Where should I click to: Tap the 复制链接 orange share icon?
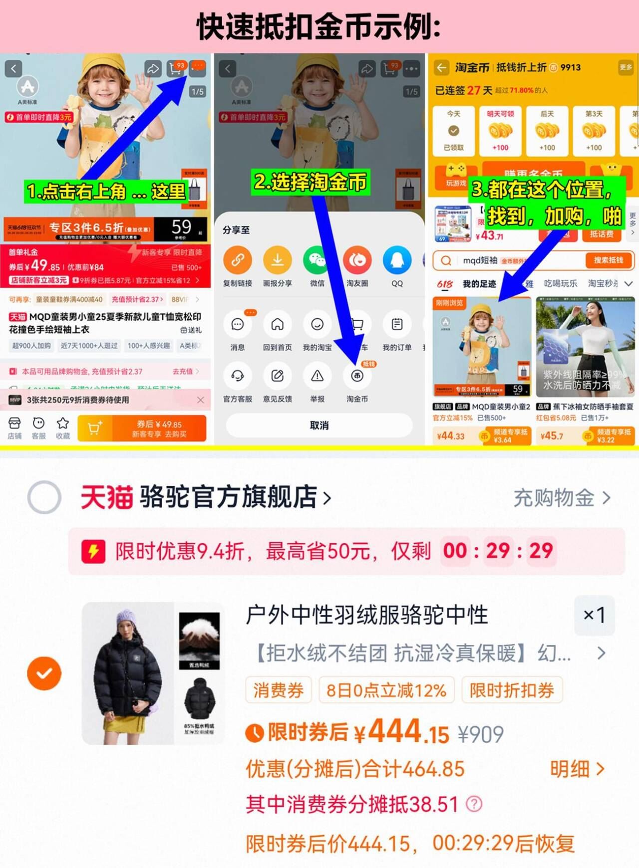(x=238, y=260)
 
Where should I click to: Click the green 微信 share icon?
(x=317, y=260)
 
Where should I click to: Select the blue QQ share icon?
(x=397, y=260)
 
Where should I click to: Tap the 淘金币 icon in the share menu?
(x=357, y=376)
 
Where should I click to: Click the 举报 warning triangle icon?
(x=317, y=376)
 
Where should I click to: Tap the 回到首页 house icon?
(x=277, y=325)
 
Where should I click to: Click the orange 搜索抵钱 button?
(x=608, y=260)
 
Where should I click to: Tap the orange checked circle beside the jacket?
(x=44, y=673)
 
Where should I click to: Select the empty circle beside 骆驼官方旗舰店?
(x=44, y=497)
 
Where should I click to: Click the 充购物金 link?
(x=562, y=498)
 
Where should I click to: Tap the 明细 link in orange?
(x=577, y=769)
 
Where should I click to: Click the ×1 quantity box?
(x=594, y=615)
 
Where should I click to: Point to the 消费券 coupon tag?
(x=279, y=690)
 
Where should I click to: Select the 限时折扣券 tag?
(x=512, y=690)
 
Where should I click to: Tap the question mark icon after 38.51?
(x=474, y=804)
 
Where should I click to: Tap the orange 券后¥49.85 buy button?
(x=159, y=429)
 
